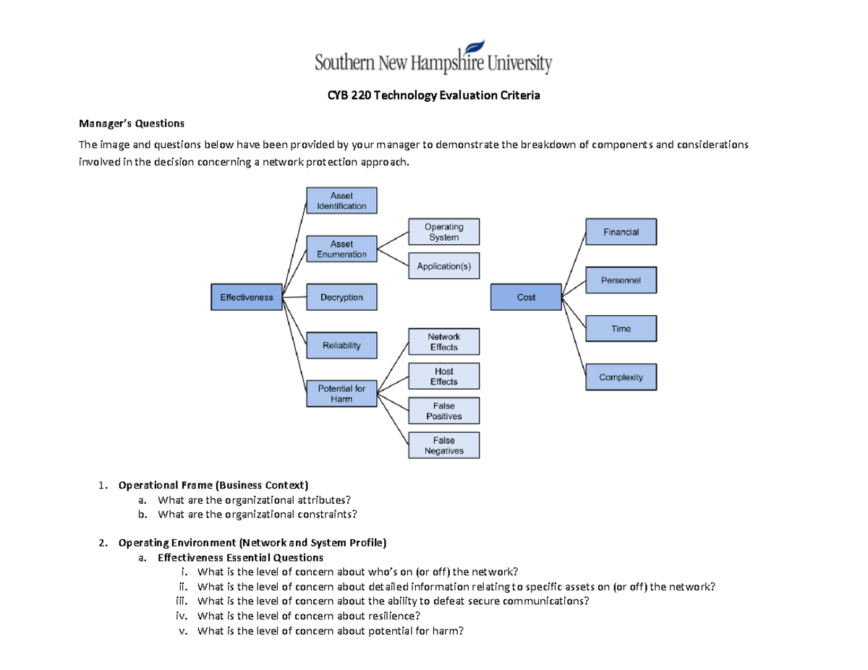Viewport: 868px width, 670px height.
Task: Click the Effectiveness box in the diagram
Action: pyautogui.click(x=246, y=297)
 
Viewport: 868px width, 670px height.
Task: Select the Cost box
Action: pyautogui.click(x=526, y=297)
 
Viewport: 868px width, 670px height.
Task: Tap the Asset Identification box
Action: pyautogui.click(x=341, y=200)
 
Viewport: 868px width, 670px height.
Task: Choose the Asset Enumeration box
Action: pyautogui.click(x=341, y=249)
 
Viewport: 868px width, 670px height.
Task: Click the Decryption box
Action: pyautogui.click(x=341, y=297)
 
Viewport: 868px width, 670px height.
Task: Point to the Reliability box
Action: pyautogui.click(x=341, y=345)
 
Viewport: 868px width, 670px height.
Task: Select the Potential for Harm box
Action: pyautogui.click(x=341, y=394)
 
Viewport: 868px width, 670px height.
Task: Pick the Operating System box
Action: pyautogui.click(x=443, y=232)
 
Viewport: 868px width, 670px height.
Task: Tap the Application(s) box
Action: pyautogui.click(x=443, y=266)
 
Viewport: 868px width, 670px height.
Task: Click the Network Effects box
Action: pyautogui.click(x=443, y=342)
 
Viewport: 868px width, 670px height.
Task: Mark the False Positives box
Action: pyautogui.click(x=443, y=411)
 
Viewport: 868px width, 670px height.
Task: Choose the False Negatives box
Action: pyautogui.click(x=443, y=445)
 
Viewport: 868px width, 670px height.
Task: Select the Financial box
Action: pyautogui.click(x=621, y=232)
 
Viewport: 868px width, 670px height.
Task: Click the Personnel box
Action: pyautogui.click(x=621, y=280)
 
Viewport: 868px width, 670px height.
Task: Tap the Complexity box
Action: pyautogui.click(x=621, y=377)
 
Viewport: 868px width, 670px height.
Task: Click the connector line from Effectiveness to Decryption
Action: pyautogui.click(x=294, y=297)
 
